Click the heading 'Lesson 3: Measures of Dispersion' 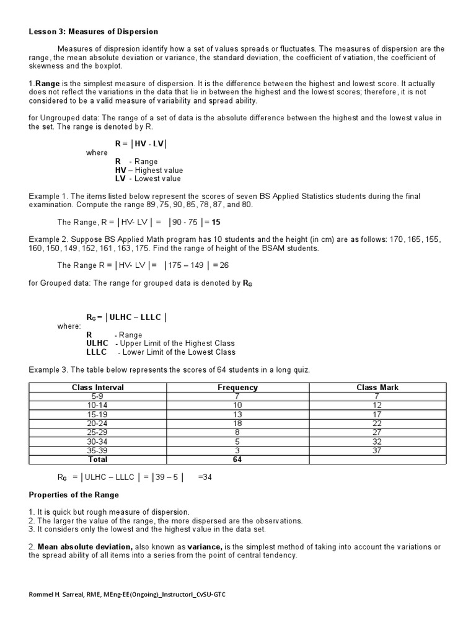(94, 32)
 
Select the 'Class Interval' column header (98, 388)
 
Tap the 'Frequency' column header (237, 388)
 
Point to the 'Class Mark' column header (377, 388)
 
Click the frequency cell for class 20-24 (237, 423)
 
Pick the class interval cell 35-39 (98, 450)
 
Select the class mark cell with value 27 (377, 432)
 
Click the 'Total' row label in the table (98, 460)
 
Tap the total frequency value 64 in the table (237, 460)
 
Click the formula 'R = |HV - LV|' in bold (141, 144)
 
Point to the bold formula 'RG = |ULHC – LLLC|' (126, 317)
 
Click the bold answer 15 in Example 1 (216, 222)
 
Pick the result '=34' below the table (205, 477)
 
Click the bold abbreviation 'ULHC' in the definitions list (97, 344)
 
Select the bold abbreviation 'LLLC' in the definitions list (97, 352)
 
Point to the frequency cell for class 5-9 (237, 396)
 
